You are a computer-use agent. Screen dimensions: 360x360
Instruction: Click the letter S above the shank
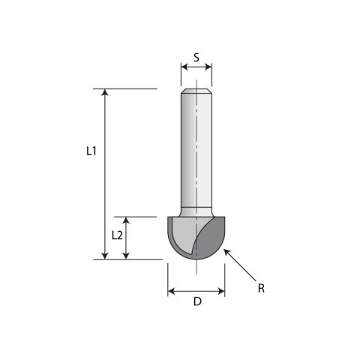(196, 58)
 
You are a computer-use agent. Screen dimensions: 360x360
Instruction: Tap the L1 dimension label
(91, 151)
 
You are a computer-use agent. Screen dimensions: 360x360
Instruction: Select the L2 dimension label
(117, 235)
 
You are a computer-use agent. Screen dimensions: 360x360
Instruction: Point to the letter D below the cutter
(197, 301)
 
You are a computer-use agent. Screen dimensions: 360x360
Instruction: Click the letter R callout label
(261, 288)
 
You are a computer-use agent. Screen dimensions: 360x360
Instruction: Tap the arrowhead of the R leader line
(226, 252)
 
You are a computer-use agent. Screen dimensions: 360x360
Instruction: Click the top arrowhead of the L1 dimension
(105, 92)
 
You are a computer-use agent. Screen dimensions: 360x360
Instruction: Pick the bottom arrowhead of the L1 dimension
(105, 256)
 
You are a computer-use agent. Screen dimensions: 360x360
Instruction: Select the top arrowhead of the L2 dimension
(126, 220)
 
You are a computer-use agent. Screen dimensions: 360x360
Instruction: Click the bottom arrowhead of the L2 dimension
(126, 256)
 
